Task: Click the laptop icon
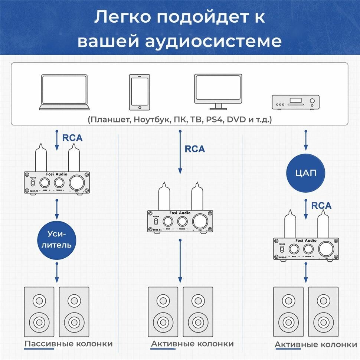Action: (x=65, y=92)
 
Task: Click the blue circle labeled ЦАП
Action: (x=305, y=173)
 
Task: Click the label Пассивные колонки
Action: (x=68, y=344)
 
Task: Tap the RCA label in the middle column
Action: (x=194, y=149)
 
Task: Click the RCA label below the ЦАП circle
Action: (x=321, y=205)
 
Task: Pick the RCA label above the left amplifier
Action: (x=72, y=138)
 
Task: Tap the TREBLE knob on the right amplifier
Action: (x=308, y=249)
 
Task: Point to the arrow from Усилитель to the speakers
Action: (x=57, y=272)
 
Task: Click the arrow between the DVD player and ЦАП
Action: (x=305, y=141)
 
